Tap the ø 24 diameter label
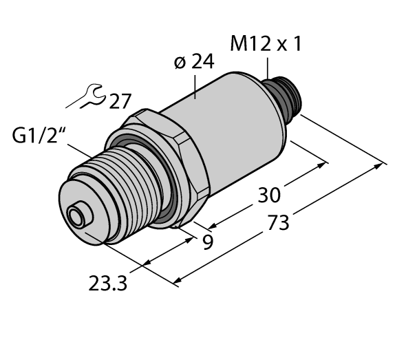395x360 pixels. point(193,63)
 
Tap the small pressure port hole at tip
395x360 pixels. point(77,218)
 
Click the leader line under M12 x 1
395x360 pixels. point(268,70)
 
